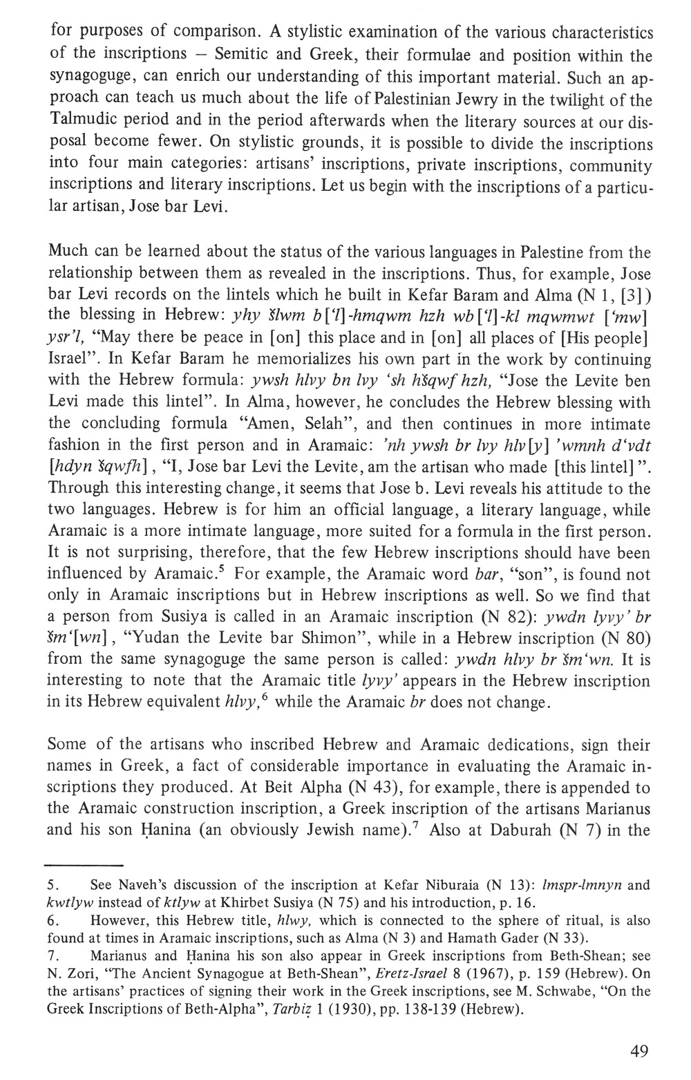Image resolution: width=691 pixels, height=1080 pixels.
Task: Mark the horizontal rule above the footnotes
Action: pyautogui.click(x=84, y=865)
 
